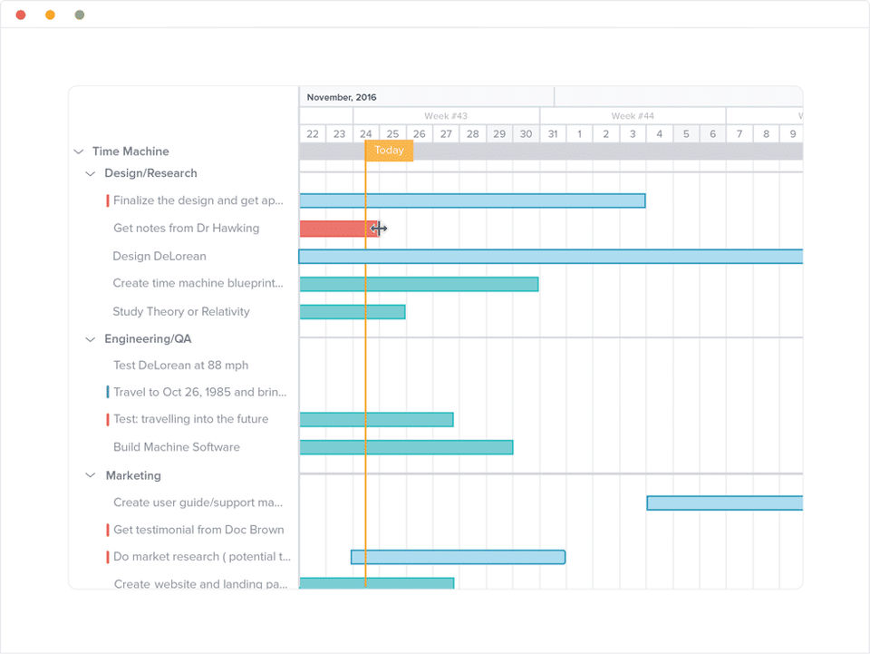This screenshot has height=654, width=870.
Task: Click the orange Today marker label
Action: tap(389, 151)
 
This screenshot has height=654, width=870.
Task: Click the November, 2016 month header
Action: tap(342, 97)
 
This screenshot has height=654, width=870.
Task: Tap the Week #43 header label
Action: tap(446, 116)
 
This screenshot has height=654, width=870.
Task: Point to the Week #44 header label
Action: tap(633, 116)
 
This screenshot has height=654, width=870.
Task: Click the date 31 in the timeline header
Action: tap(553, 134)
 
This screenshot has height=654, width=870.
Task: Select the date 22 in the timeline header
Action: tap(313, 134)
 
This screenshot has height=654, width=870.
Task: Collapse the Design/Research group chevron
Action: tap(90, 173)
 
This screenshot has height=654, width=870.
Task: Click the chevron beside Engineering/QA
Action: tap(90, 339)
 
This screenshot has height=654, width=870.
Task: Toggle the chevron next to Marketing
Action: tap(90, 475)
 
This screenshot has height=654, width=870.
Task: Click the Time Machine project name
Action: tap(130, 151)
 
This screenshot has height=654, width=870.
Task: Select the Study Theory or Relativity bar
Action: tap(353, 312)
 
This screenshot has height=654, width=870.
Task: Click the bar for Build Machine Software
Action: tap(406, 447)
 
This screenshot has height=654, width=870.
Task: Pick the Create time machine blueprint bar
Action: tap(419, 284)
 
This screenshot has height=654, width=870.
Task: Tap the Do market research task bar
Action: tap(458, 557)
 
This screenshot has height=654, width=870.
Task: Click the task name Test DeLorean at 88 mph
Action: tap(180, 366)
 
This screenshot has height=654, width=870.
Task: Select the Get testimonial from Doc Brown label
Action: tap(198, 530)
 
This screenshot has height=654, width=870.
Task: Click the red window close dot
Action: tap(21, 15)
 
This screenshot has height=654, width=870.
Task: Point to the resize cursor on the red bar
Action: tap(379, 229)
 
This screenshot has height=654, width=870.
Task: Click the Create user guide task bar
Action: tap(724, 503)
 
